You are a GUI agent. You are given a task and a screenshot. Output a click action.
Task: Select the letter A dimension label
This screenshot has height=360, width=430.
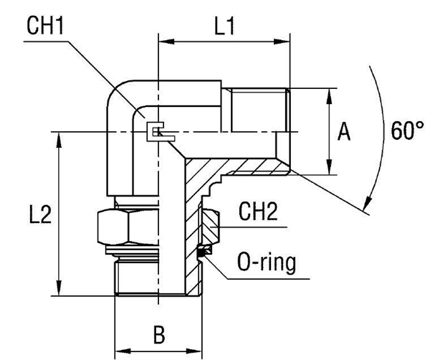point(344,132)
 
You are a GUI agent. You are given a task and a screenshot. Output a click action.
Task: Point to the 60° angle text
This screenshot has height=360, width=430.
point(404,131)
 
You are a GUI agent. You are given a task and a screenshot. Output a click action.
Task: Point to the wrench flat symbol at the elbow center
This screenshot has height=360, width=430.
point(156,131)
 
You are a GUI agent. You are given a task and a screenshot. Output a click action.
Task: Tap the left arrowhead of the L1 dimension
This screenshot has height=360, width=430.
point(161,42)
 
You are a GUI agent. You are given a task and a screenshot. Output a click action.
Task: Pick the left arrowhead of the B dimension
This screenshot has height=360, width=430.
point(120,349)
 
